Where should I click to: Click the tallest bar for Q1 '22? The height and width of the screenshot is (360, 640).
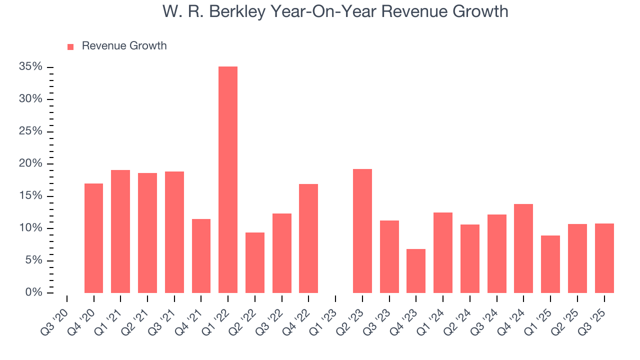(228, 179)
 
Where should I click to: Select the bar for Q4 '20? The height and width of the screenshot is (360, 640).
(93, 238)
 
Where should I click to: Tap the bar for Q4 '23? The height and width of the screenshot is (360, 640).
(416, 270)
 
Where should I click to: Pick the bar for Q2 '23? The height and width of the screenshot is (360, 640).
(362, 230)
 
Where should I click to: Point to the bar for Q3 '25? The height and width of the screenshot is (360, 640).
(604, 258)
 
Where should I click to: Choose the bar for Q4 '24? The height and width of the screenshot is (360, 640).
(523, 248)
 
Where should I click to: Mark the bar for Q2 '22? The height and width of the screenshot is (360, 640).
(255, 262)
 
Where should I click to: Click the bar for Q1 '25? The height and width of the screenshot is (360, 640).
(550, 264)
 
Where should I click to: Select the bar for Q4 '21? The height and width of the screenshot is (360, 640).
(201, 255)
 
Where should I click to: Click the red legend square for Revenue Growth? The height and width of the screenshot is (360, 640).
(70, 46)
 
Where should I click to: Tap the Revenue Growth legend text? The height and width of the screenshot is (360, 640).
(124, 46)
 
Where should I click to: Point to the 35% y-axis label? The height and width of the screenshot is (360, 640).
(31, 67)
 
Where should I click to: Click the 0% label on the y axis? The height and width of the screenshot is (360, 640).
(34, 292)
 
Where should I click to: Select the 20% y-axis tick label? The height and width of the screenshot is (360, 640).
(31, 163)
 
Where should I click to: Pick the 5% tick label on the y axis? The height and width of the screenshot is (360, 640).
(34, 260)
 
